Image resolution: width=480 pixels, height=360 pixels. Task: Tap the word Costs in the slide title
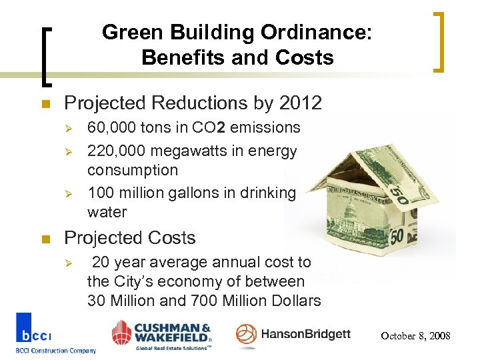(304, 57)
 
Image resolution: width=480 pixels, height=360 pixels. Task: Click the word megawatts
(193, 151)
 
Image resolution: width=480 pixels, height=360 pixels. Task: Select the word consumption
(133, 170)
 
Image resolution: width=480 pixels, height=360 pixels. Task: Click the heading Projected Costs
(129, 238)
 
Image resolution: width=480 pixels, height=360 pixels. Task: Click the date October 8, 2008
(415, 336)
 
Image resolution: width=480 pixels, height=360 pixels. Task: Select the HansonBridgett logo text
(305, 334)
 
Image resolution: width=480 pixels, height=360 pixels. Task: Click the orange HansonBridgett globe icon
(246, 335)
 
